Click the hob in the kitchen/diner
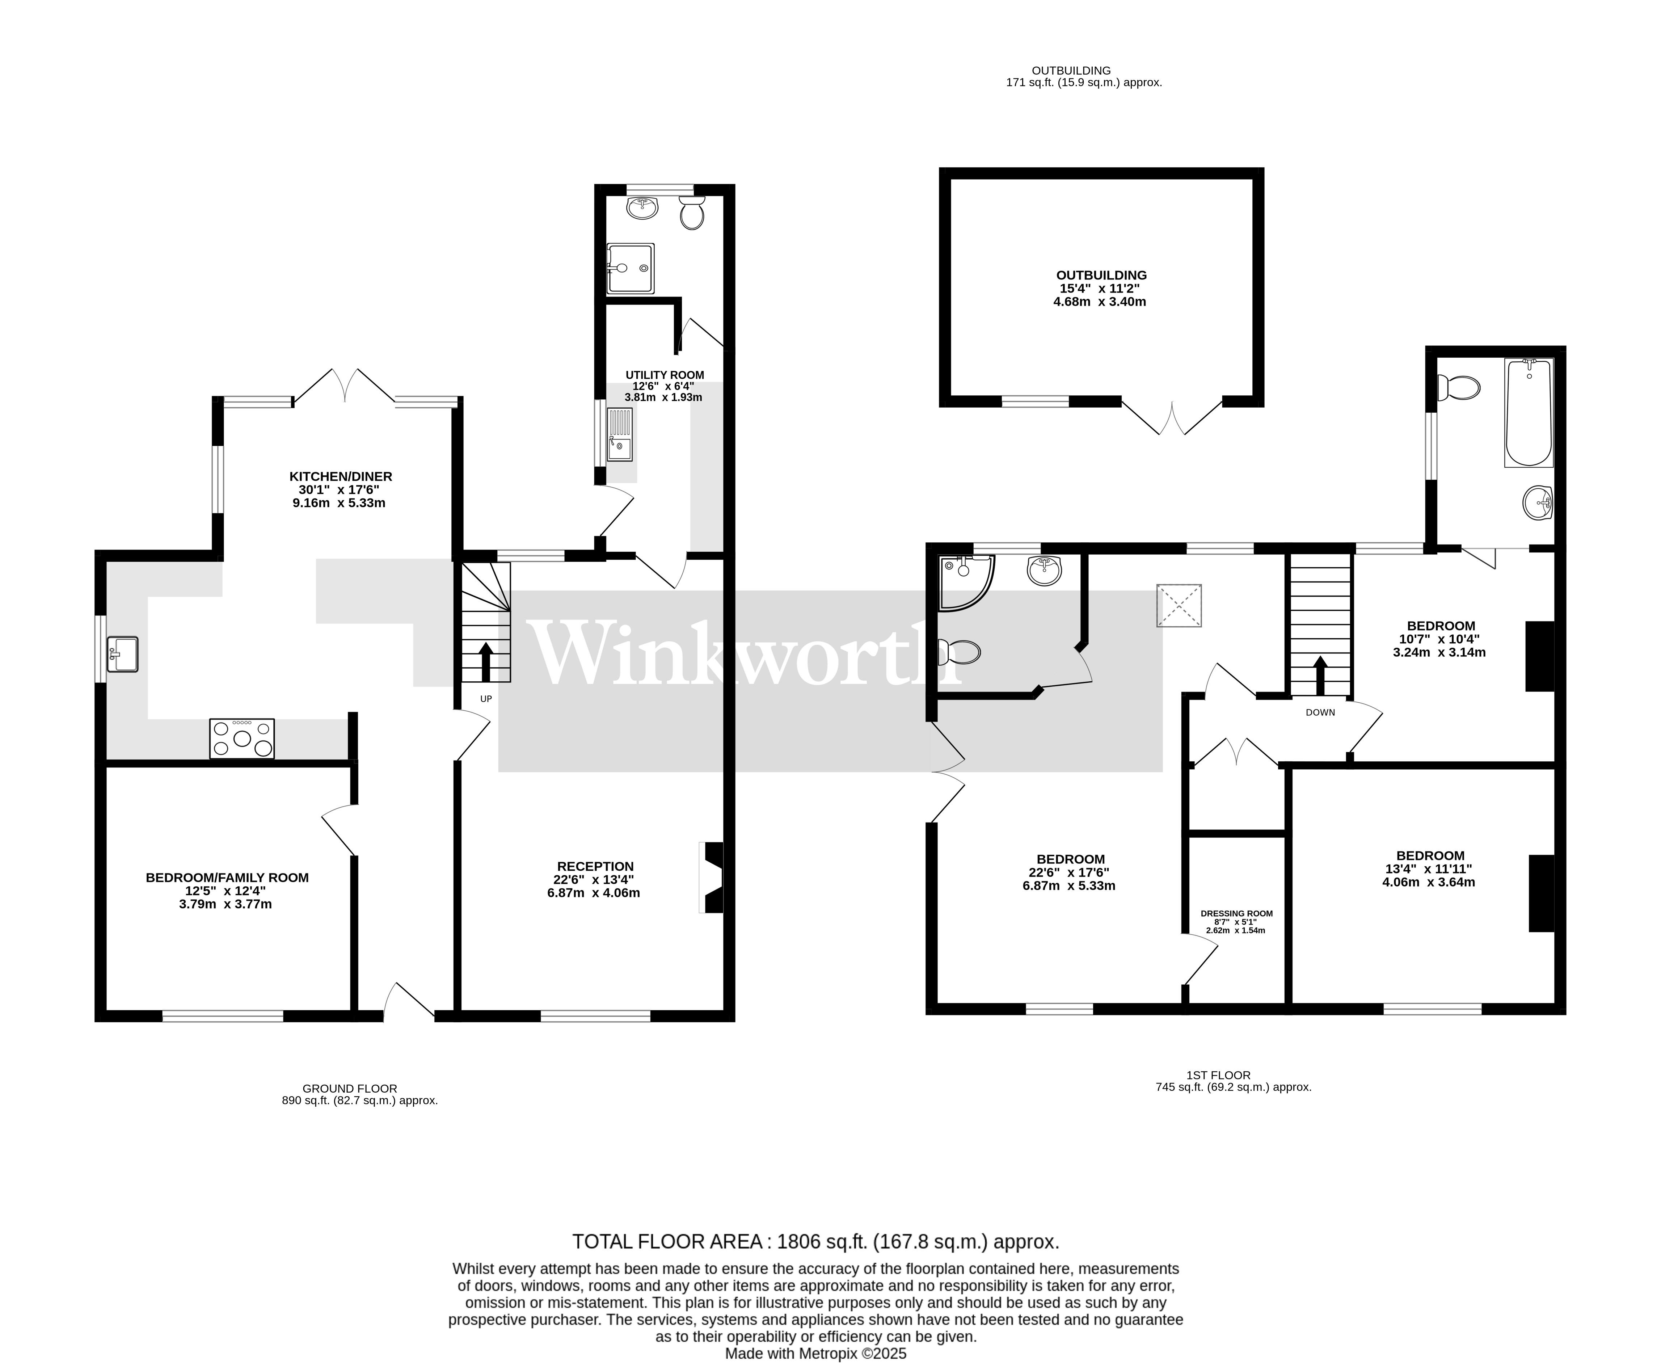[x=242, y=739]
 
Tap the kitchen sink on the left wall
[x=122, y=654]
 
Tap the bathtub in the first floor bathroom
[x=1527, y=413]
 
